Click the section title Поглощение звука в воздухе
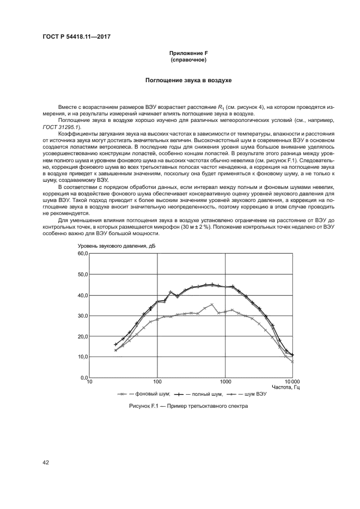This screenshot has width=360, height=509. (188, 81)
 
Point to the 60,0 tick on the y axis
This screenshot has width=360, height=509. (82, 254)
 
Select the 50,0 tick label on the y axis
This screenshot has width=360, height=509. (82, 274)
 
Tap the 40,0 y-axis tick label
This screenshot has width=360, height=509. (82, 295)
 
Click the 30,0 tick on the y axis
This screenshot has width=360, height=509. (82, 316)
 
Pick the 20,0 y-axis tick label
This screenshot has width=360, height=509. (82, 336)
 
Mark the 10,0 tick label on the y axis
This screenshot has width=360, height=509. (82, 357)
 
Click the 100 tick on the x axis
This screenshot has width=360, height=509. (157, 382)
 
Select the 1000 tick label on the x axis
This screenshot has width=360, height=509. (225, 382)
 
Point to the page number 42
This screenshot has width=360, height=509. (46, 463)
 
